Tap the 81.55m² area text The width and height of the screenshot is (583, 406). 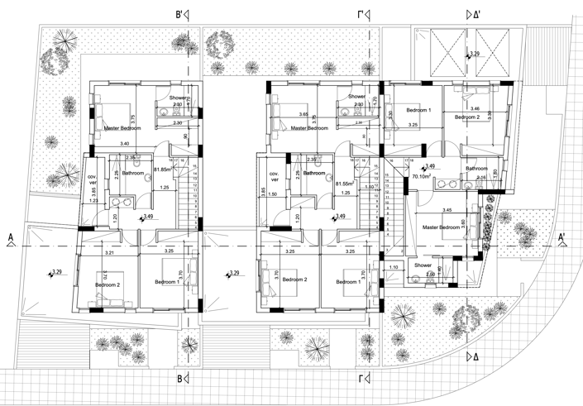click(x=345, y=184)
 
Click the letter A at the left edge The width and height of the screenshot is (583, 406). click(x=11, y=238)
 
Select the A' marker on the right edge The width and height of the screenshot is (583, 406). click(x=563, y=238)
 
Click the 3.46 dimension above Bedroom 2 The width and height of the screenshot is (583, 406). click(x=474, y=108)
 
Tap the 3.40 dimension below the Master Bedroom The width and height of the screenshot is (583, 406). click(x=125, y=144)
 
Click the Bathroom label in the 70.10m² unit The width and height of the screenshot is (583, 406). click(x=476, y=169)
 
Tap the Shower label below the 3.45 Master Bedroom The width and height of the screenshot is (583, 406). click(x=424, y=265)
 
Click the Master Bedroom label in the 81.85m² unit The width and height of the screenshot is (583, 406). click(x=122, y=129)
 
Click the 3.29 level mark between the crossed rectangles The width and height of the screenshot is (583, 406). click(x=474, y=54)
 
